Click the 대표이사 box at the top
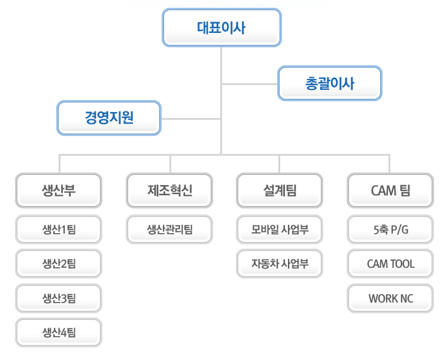221,28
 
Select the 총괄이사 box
329,83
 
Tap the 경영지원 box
109,117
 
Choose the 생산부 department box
59,190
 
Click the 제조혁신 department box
169,190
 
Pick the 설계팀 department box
280,190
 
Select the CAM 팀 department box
390,190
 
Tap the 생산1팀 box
59,229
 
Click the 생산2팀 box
59,264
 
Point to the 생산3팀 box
59,298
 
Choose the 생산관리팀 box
169,229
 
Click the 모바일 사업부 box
280,229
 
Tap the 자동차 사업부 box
280,264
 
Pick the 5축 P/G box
390,229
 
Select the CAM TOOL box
390,264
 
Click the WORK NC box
390,298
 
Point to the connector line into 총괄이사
250,83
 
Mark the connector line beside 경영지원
191,117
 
